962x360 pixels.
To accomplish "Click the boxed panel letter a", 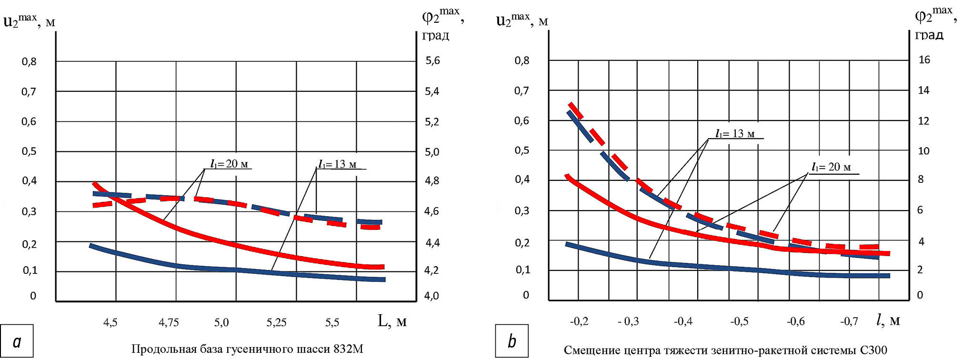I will pos(17,341).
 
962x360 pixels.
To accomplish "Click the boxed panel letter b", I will pos(512,341).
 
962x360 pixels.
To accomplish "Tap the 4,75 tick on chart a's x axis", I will pos(169,323).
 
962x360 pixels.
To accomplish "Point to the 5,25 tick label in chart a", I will pos(277,323).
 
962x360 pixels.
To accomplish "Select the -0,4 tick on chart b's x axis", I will pos(683,322).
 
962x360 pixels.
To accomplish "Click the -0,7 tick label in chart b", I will pos(849,322).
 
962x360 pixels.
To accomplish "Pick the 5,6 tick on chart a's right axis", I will pos(432,60).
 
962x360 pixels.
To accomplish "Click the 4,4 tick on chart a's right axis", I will pos(432,243).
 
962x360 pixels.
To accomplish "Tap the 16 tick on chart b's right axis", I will pos(924,60).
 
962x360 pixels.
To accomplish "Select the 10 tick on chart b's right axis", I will pos(923,151).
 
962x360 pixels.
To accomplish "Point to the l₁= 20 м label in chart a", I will pos(230,164).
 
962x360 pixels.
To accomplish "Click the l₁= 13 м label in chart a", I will pos(338,165).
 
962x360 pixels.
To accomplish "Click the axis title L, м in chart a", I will pos(392,321).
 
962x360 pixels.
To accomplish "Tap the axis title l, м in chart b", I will pos(888,320).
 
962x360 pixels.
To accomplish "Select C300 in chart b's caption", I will pos(874,350).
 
